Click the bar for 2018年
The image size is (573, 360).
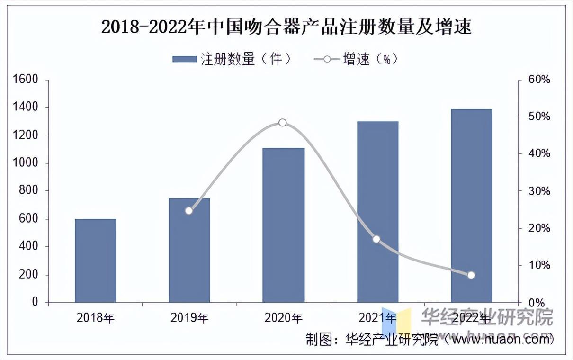(x=96, y=261)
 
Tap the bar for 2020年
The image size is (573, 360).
(x=283, y=225)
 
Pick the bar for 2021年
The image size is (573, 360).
(x=377, y=212)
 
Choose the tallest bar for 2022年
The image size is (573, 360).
(x=471, y=206)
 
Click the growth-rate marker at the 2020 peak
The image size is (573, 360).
(x=283, y=123)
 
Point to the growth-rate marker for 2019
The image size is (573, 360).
(x=189, y=211)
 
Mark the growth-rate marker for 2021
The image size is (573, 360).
(x=376, y=239)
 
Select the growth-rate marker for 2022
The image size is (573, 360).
(x=471, y=275)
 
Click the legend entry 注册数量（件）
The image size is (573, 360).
(x=232, y=59)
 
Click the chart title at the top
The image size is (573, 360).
(x=286, y=27)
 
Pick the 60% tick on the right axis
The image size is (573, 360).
(x=539, y=80)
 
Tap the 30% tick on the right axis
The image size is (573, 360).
(x=539, y=191)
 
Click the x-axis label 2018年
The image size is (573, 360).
(x=96, y=317)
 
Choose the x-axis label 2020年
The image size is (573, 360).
(x=283, y=317)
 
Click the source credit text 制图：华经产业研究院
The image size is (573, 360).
(x=372, y=340)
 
